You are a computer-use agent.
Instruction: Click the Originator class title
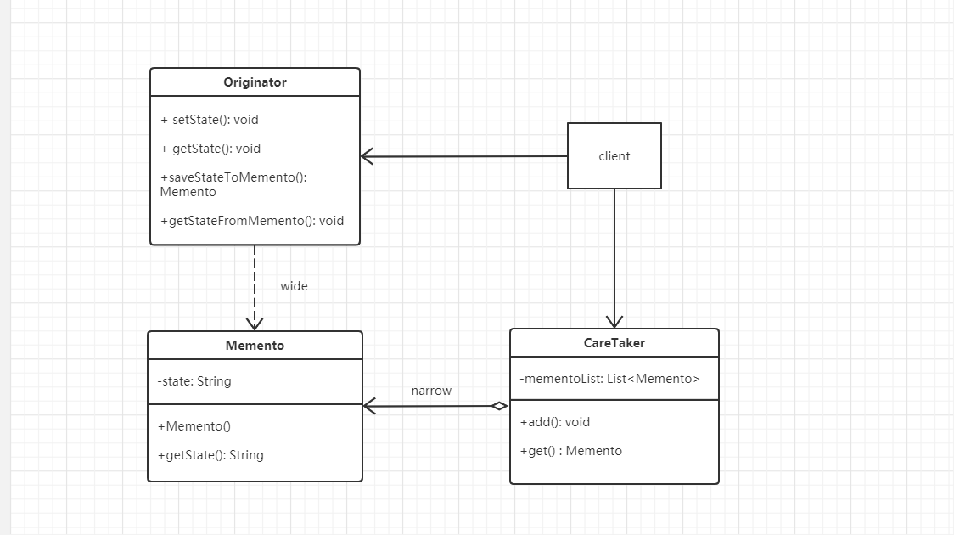point(255,82)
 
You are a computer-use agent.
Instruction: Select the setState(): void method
point(210,120)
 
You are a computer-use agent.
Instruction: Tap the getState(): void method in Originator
point(210,149)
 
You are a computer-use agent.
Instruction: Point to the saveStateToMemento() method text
point(233,184)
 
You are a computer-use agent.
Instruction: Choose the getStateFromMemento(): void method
point(252,221)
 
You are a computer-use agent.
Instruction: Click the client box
point(614,155)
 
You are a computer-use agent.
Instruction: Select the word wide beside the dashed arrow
point(294,286)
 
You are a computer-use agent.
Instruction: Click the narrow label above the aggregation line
point(431,391)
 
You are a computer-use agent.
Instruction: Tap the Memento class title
point(255,345)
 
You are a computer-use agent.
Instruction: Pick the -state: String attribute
point(194,381)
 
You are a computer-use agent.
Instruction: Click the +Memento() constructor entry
point(194,426)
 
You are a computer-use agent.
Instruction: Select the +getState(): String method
point(210,455)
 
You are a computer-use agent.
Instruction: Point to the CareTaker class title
point(614,343)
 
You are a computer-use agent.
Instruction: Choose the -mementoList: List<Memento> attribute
point(609,379)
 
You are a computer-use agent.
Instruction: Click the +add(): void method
point(555,422)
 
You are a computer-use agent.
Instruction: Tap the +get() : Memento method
point(571,451)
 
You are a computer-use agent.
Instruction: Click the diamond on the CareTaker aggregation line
point(500,406)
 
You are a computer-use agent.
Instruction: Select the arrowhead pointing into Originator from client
point(367,156)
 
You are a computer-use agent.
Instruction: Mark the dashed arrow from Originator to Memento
point(255,288)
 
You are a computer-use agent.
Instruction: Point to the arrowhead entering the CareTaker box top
point(614,322)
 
